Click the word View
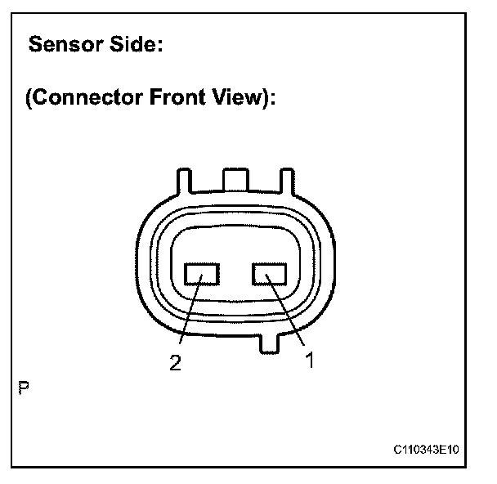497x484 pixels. (242, 98)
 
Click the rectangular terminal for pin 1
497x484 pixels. (267, 273)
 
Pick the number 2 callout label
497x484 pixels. (173, 365)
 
